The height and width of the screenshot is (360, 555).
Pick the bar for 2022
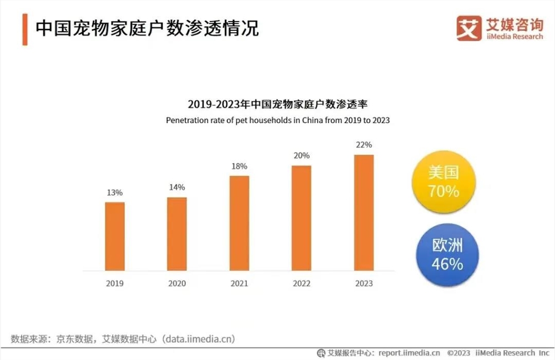(301, 218)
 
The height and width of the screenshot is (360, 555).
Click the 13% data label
(115, 192)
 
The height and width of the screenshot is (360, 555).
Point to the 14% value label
(177, 187)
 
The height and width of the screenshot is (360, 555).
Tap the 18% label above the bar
(239, 166)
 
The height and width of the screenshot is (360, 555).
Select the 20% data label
(302, 156)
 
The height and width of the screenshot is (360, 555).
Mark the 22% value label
(364, 145)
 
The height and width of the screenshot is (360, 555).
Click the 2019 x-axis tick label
(115, 283)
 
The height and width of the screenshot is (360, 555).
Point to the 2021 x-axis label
(239, 283)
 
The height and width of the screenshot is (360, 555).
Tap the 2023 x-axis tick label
(364, 283)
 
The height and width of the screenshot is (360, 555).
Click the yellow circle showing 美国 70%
(443, 182)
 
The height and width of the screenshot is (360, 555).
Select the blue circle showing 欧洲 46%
(447, 255)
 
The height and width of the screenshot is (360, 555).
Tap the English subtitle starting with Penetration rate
(278, 120)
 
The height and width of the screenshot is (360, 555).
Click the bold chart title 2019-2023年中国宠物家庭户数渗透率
(278, 104)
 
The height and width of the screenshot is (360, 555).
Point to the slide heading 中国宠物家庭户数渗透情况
(147, 28)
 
